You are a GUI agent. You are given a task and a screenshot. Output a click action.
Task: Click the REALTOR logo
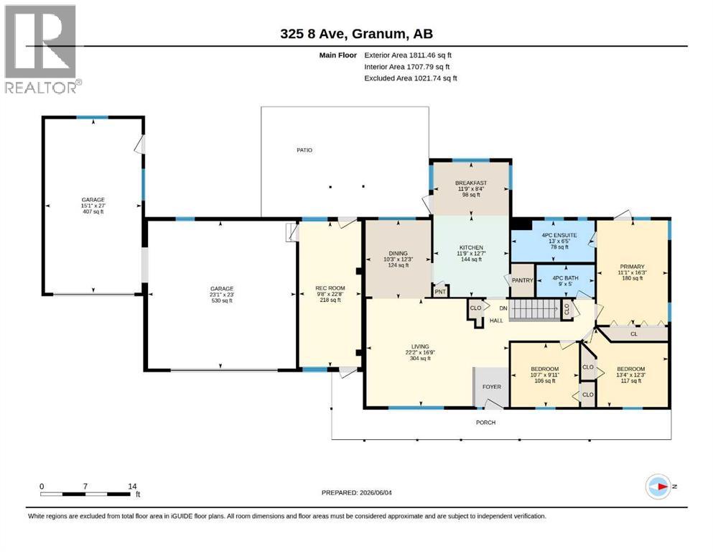(41, 49)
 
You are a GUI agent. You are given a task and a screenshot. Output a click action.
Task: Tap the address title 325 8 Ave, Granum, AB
(356, 34)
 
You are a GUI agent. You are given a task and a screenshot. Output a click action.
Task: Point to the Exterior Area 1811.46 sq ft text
(408, 55)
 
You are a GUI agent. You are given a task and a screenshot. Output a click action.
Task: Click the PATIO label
(304, 149)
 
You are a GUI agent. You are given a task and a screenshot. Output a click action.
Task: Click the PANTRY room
(523, 280)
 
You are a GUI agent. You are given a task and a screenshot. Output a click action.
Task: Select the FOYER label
(492, 387)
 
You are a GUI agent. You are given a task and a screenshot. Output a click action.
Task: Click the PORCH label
(485, 423)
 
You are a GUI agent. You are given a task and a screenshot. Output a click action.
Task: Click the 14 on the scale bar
(132, 486)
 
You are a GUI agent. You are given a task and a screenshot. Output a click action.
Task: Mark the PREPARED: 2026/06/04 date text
(356, 492)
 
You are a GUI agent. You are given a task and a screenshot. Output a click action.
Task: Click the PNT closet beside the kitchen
(440, 291)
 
